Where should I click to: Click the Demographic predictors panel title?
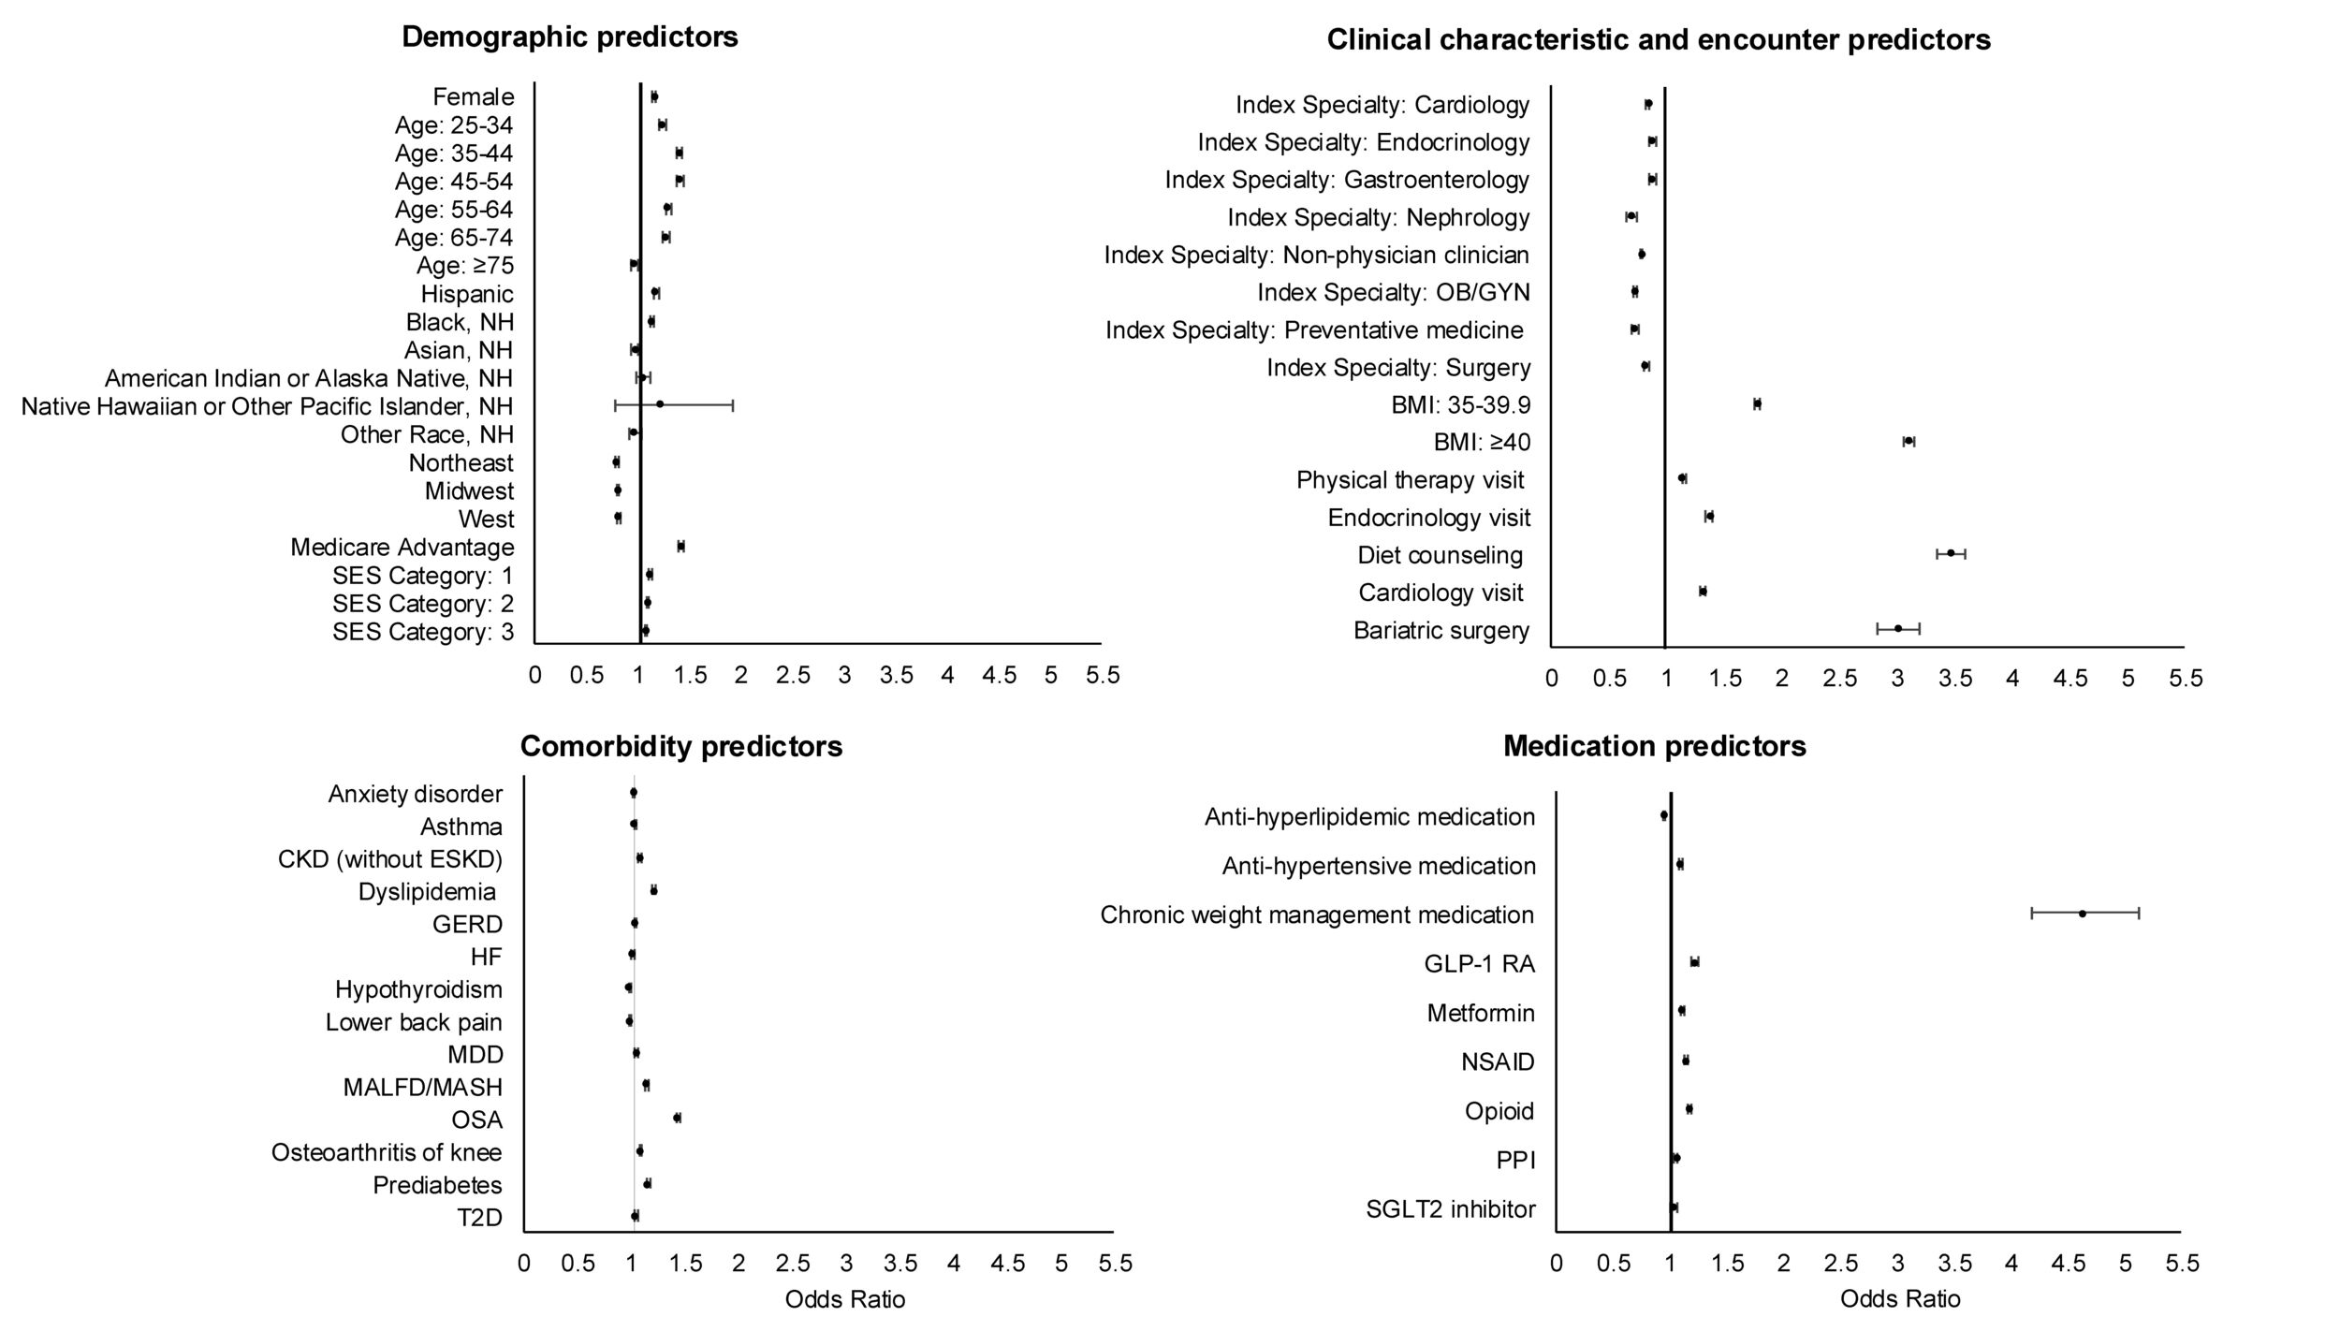(x=570, y=37)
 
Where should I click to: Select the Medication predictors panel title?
(x=1655, y=746)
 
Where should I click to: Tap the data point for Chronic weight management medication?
(x=2083, y=914)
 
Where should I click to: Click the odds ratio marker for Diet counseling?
(x=1951, y=553)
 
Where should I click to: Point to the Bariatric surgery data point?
(x=1898, y=628)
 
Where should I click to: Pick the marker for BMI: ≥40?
(x=1909, y=441)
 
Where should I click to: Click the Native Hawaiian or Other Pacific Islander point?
(x=660, y=404)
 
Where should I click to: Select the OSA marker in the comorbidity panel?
(x=677, y=1118)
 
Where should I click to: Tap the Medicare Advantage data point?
(x=680, y=546)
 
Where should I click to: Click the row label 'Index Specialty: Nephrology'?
(x=1379, y=218)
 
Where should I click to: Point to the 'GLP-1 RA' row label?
(x=1480, y=964)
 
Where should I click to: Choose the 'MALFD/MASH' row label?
(x=423, y=1087)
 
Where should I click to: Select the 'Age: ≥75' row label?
(x=465, y=266)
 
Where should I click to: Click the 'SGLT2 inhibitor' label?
(x=1451, y=1209)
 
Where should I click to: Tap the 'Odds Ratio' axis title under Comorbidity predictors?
(x=845, y=1299)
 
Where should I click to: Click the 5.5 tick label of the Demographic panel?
(x=1103, y=675)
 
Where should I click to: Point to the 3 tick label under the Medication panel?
(x=1898, y=1264)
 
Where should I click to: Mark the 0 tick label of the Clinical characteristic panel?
(x=1552, y=678)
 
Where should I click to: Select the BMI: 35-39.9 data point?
(x=1757, y=403)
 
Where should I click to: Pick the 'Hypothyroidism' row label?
(x=418, y=989)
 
